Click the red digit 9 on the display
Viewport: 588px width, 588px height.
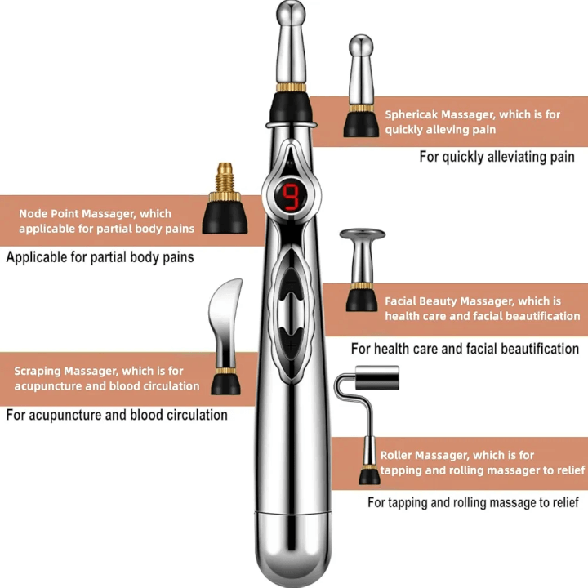point(291,196)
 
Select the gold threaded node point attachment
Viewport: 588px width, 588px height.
point(225,198)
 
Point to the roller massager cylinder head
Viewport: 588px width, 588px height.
point(376,377)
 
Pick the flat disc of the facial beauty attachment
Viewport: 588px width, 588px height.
point(363,234)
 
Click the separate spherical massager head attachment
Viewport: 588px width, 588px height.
point(361,86)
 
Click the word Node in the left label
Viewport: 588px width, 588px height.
point(33,213)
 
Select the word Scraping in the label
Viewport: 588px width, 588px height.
point(37,372)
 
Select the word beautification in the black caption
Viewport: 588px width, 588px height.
point(540,350)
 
